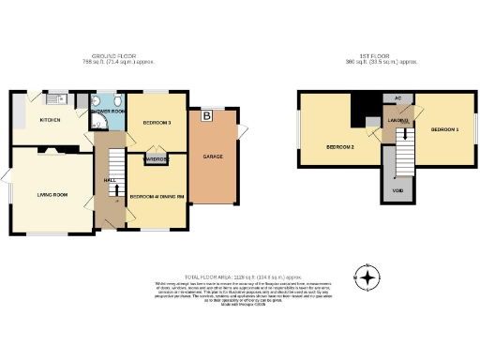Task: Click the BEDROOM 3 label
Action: (x=157, y=124)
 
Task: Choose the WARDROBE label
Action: (x=156, y=159)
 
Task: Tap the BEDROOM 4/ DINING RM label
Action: (x=156, y=196)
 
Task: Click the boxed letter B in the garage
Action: (x=205, y=117)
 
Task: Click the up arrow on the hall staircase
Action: (x=114, y=188)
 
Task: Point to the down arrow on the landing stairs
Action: (x=404, y=137)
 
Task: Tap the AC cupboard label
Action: (x=397, y=97)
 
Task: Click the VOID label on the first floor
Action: (x=397, y=193)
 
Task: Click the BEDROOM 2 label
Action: (x=339, y=147)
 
